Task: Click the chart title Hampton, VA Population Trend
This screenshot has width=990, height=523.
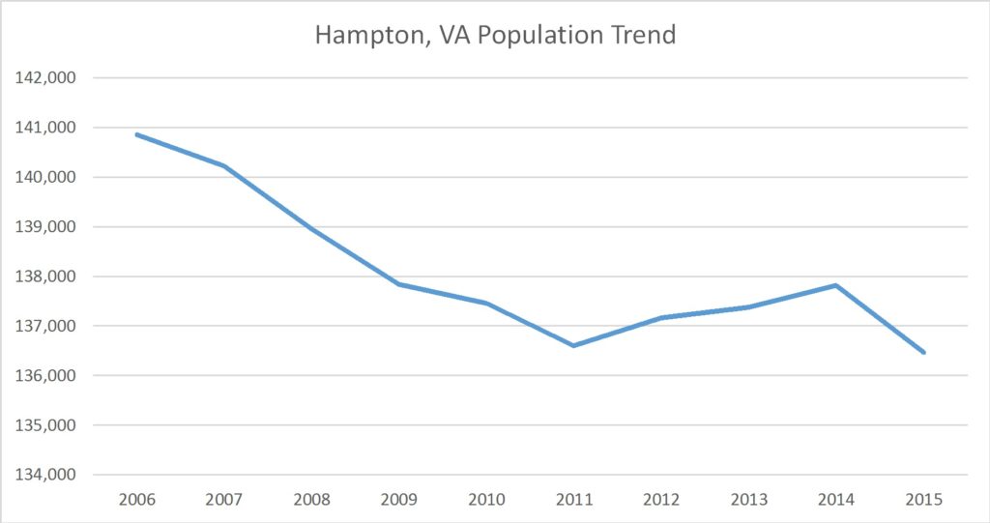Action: coord(495,36)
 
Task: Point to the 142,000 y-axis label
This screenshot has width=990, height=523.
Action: coord(46,78)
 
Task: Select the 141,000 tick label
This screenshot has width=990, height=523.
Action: coord(46,128)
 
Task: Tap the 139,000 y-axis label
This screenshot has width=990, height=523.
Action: coord(46,227)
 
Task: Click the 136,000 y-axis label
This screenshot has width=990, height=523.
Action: coord(46,376)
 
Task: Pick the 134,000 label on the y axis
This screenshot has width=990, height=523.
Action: coord(46,475)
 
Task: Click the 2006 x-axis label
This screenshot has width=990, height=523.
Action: coord(136,502)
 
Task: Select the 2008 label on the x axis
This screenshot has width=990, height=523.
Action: coord(311,502)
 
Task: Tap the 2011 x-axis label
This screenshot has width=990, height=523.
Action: coord(573,502)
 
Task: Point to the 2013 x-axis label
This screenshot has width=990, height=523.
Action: coord(748,502)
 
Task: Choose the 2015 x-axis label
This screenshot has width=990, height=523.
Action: coord(923,502)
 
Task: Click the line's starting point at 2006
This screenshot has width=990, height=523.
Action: coord(136,134)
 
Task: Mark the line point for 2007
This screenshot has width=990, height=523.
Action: coord(224,166)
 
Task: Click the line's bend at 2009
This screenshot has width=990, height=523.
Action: coord(399,284)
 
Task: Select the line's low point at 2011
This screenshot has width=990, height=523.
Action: coord(573,345)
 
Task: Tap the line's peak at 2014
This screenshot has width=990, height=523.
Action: coord(835,285)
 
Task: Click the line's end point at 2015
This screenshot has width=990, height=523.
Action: coord(923,353)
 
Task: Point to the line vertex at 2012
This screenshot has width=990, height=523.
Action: coord(661,317)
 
